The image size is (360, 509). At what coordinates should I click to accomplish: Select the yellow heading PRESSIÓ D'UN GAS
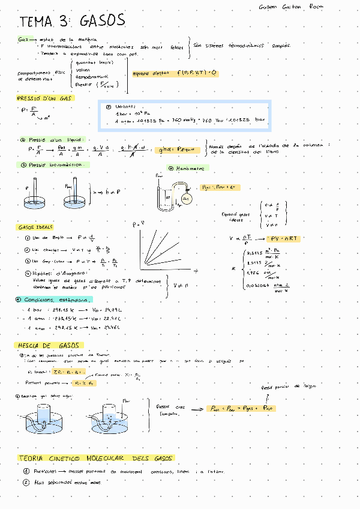(x=44, y=98)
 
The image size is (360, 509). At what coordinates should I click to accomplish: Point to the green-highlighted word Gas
(x=23, y=40)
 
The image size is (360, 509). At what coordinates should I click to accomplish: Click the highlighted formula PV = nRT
(x=284, y=239)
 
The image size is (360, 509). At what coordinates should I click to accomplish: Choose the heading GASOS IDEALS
(x=35, y=227)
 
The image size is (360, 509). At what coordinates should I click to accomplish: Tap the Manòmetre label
(x=187, y=169)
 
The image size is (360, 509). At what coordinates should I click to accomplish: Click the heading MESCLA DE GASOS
(x=49, y=346)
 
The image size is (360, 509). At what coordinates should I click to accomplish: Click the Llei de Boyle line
(x=54, y=238)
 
